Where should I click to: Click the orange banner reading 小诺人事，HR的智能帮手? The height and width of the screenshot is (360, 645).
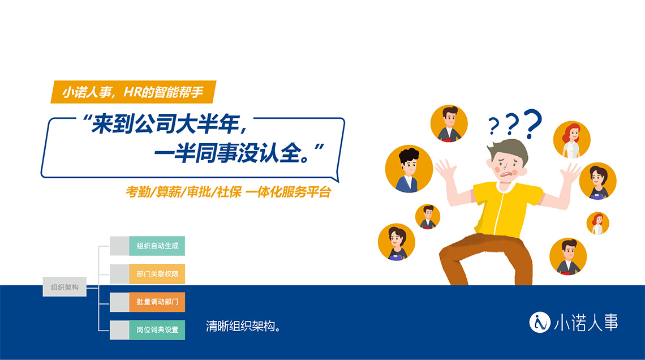coord(134,92)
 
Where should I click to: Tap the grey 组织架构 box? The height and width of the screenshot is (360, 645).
coord(64,287)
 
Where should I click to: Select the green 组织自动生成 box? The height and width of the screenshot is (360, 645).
coord(157,246)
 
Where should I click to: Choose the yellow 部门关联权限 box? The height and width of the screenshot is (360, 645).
coord(157,274)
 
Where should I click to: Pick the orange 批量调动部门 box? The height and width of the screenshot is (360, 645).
coord(157,302)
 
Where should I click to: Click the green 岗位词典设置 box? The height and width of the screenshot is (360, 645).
coord(157,330)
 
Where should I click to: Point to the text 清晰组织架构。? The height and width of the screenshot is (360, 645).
coord(243,326)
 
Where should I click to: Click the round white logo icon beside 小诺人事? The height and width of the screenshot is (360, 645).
coord(540,322)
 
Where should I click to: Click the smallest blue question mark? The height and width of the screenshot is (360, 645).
coord(493,126)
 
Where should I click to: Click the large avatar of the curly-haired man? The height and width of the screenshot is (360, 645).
coord(409,169)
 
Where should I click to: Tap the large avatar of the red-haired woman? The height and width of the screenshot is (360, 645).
coord(572,140)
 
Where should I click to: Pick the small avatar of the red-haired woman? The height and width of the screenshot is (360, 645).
coord(597,224)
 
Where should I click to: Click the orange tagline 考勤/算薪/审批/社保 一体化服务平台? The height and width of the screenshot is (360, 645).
coord(229,192)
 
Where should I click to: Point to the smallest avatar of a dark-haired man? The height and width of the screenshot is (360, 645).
coord(428,216)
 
